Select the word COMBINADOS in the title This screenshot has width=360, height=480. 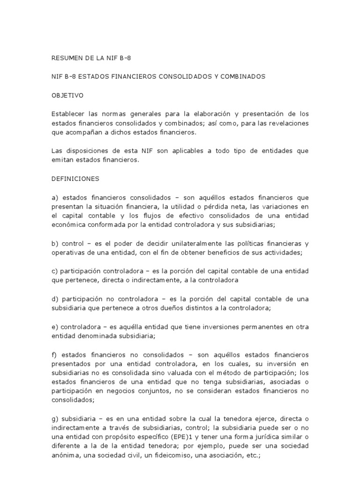point(244,76)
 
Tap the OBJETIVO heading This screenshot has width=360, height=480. point(67,95)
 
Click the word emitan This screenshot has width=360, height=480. point(62,160)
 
